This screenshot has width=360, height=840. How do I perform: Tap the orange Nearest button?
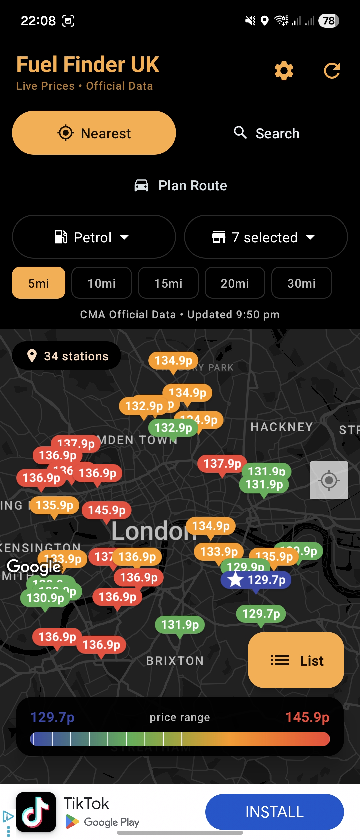pos(94,133)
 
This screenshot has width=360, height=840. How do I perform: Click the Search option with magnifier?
pos(266,133)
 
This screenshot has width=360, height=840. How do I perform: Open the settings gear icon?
pos(284,71)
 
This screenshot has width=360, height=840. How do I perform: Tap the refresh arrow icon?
pos(332,71)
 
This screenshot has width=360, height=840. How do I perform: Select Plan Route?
pos(180,185)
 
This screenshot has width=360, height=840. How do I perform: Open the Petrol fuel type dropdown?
pos(94,237)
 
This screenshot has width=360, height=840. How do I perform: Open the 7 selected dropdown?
pos(266,237)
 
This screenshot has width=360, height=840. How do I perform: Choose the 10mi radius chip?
pos(102,283)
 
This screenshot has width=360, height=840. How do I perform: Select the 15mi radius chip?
pos(168,283)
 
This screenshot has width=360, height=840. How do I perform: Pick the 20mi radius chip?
pos(235,283)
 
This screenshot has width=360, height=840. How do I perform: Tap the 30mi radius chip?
pos(302,283)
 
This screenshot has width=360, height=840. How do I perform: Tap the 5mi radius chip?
pos(39,283)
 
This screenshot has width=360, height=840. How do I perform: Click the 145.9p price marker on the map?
pos(107,510)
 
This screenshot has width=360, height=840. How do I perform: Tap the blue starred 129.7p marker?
pos(256,580)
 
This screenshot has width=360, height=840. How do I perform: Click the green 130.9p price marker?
pos(45,598)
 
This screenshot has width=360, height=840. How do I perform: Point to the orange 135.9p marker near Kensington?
pos(55,505)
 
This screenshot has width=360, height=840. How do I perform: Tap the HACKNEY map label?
pos(282,427)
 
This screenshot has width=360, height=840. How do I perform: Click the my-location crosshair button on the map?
pos(329,480)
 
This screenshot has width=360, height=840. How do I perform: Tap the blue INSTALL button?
pos(274,812)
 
